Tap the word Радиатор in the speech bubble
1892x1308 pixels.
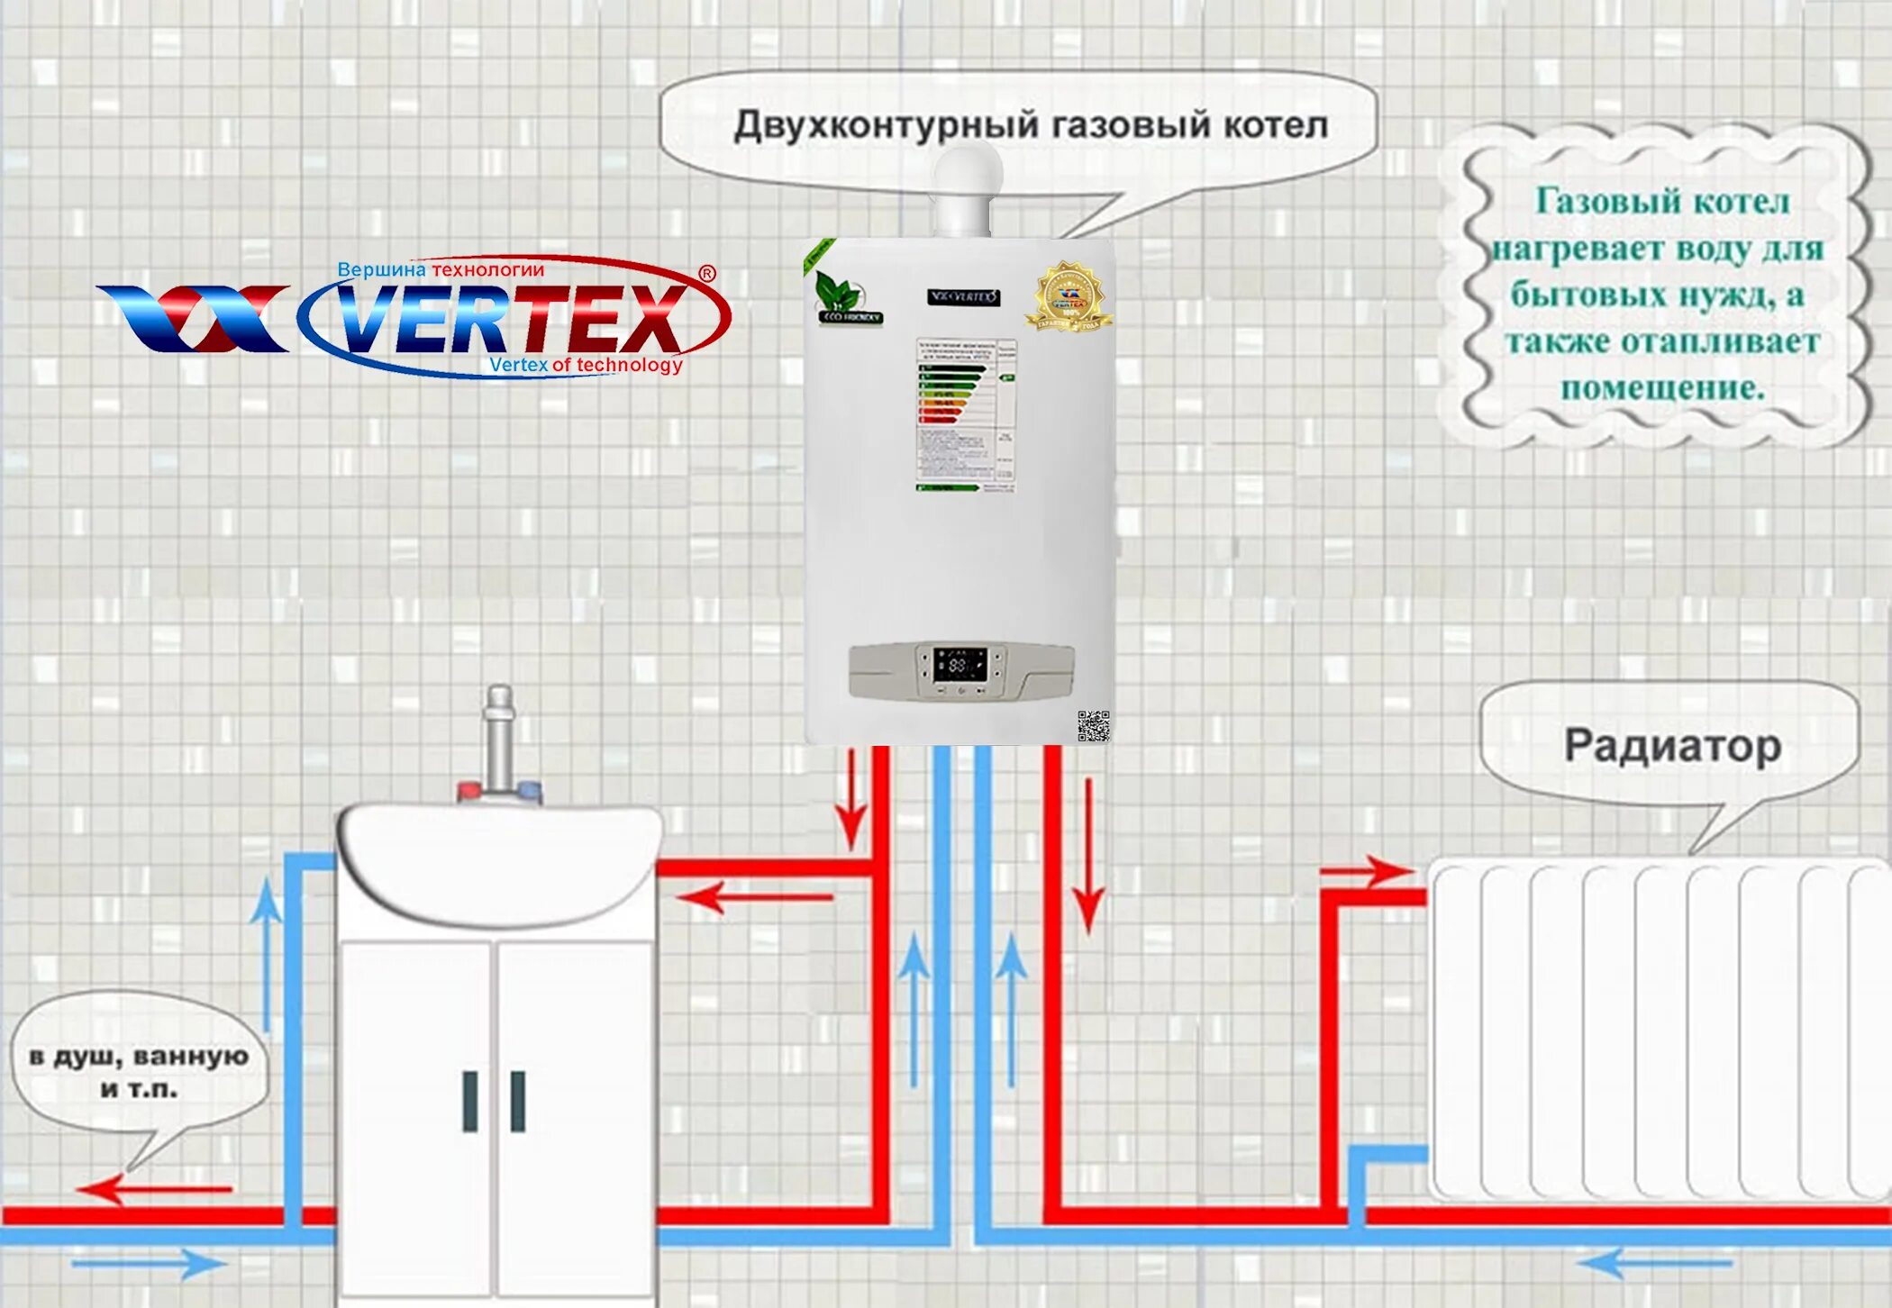tap(1672, 746)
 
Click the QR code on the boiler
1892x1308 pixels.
tap(1093, 725)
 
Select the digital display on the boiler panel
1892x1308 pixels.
tap(958, 666)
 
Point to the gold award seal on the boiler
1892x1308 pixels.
tap(1069, 296)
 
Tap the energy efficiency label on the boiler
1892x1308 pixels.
tap(966, 415)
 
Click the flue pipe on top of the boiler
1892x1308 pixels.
tap(966, 194)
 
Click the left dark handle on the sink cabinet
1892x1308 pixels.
tap(469, 1100)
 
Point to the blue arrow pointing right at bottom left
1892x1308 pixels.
tap(149, 1263)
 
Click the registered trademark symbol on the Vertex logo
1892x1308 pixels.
tap(707, 273)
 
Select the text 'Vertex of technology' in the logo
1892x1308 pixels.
tap(586, 365)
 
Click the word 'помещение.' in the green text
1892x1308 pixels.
tap(1662, 388)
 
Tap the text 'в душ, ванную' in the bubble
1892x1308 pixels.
tap(139, 1056)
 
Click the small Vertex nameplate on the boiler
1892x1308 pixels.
tap(963, 296)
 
